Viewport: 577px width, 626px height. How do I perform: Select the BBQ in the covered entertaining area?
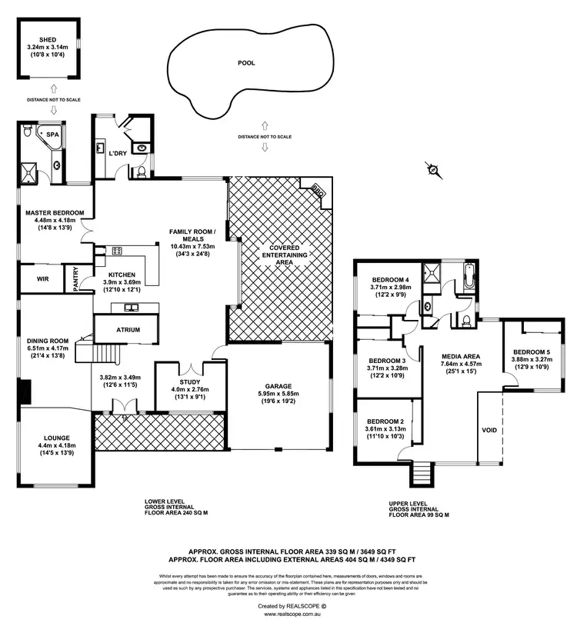click(x=317, y=191)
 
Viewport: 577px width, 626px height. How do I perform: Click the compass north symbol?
click(x=433, y=170)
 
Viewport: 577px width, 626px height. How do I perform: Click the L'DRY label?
click(x=117, y=154)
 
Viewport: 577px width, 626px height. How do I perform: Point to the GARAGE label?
click(x=278, y=387)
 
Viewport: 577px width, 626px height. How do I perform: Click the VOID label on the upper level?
click(x=489, y=430)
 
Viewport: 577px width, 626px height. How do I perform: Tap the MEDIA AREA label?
click(x=461, y=356)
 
